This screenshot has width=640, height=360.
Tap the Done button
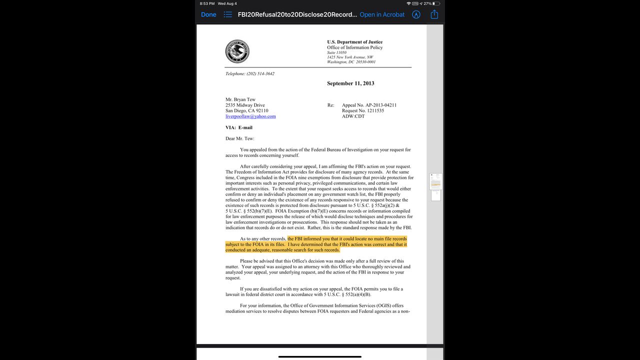(208, 14)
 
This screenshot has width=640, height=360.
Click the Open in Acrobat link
(382, 14)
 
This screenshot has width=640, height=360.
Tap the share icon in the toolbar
(434, 14)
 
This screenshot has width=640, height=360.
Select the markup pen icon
(416, 14)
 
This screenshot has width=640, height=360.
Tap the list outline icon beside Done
(228, 14)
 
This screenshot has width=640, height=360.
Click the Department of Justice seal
(237, 51)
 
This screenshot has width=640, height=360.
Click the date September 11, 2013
(350, 83)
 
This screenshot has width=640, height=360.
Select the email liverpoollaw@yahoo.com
(250, 116)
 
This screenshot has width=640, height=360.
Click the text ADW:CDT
(353, 116)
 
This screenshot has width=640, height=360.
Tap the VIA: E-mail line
(239, 127)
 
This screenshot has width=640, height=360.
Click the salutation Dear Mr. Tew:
(240, 138)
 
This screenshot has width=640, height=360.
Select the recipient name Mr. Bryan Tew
(240, 100)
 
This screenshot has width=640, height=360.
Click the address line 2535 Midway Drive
(245, 105)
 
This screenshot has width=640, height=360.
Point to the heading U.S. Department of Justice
(354, 42)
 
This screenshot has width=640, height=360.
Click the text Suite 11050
(337, 52)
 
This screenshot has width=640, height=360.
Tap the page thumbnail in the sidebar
(435, 181)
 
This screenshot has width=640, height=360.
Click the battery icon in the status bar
(436, 3)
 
